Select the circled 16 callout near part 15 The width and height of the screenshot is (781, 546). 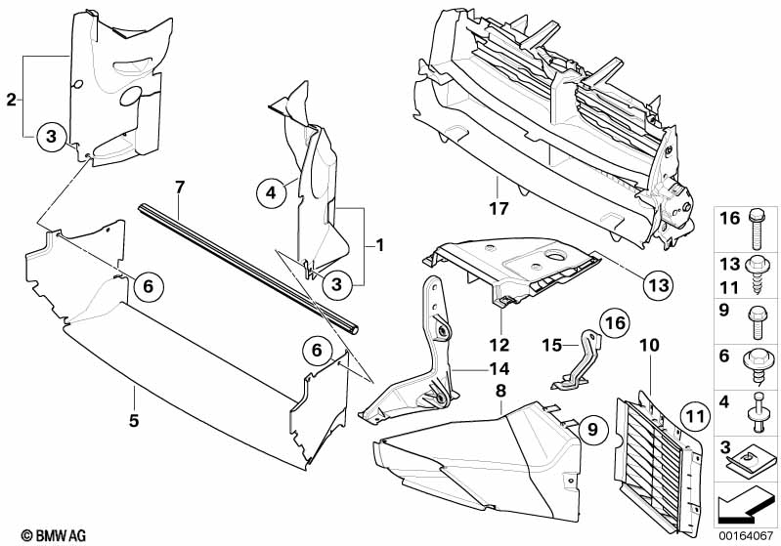pos(612,323)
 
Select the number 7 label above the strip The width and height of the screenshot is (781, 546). pos(179,186)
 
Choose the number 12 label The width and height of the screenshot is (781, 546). pos(500,345)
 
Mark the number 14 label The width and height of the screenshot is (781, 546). pos(500,369)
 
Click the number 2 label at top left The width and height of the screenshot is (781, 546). pos(11,100)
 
